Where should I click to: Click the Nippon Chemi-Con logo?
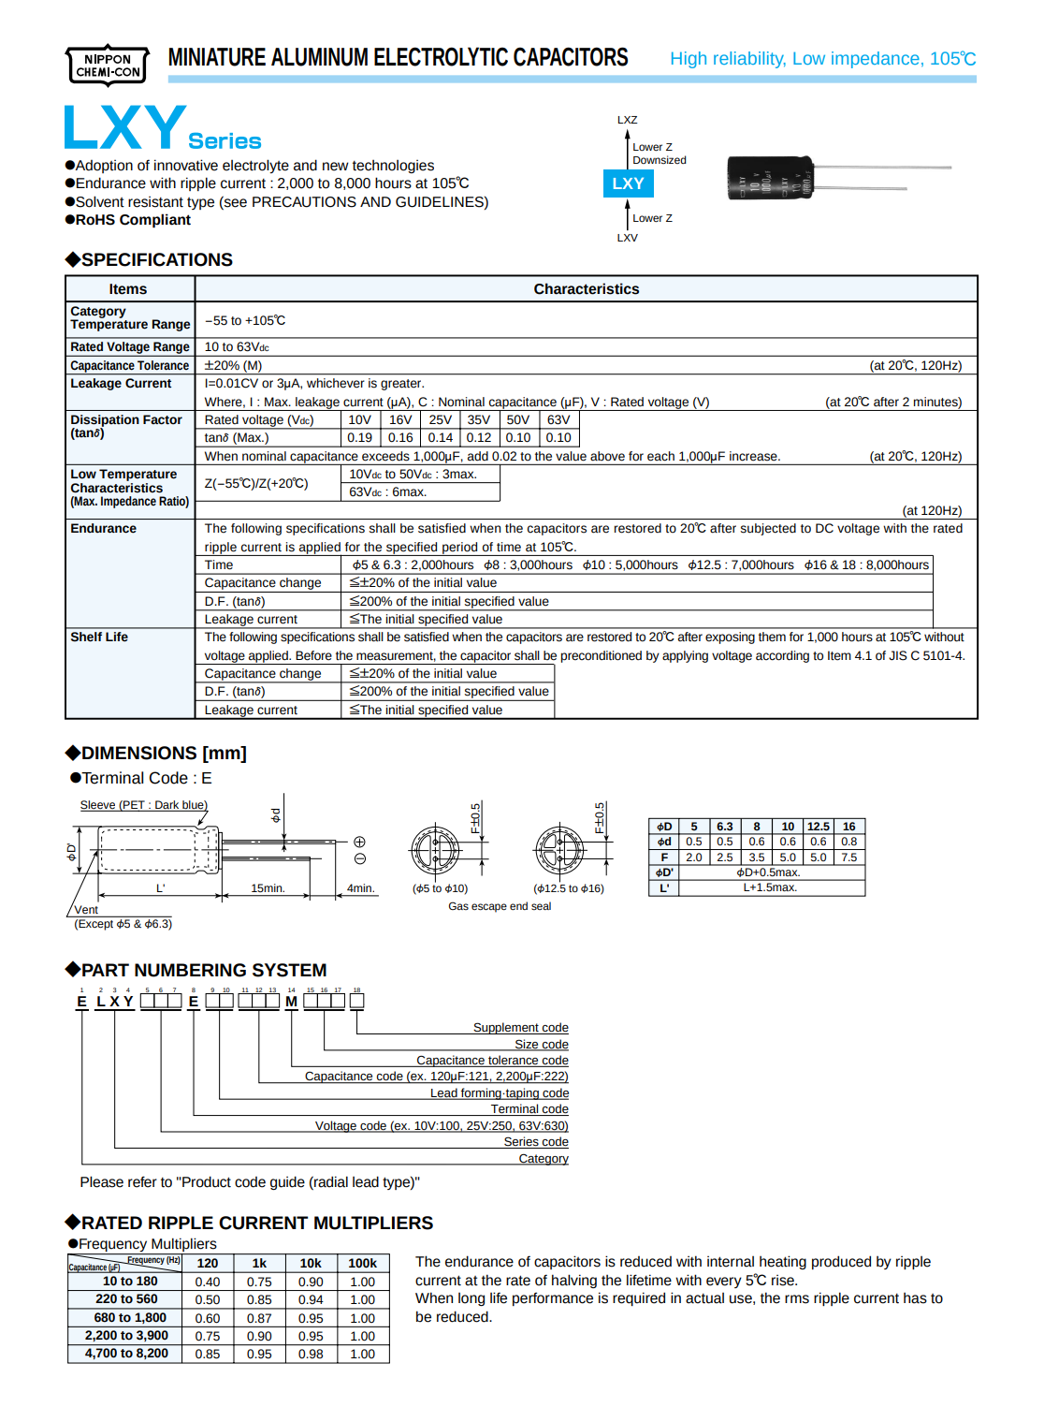click(x=108, y=66)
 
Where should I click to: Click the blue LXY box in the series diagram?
click(x=628, y=183)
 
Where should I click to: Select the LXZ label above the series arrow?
click(x=627, y=120)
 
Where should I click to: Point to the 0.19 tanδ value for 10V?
click(x=359, y=438)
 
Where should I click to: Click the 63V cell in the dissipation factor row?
click(x=558, y=420)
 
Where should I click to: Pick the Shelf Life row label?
click(x=99, y=638)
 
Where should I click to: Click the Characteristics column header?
click(x=586, y=289)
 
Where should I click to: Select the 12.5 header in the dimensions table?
click(x=818, y=827)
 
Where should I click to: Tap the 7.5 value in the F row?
click(x=848, y=857)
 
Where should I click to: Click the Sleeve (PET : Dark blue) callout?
click(x=143, y=805)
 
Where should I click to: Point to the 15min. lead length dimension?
click(x=268, y=888)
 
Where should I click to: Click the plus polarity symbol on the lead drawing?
click(x=359, y=842)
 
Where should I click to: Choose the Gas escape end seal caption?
click(x=500, y=906)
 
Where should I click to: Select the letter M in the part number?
click(x=291, y=1002)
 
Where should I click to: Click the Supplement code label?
click(x=520, y=1028)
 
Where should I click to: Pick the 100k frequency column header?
click(x=362, y=1264)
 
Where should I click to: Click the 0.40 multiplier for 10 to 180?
click(x=208, y=1282)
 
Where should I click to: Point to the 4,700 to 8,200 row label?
click(x=126, y=1354)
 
